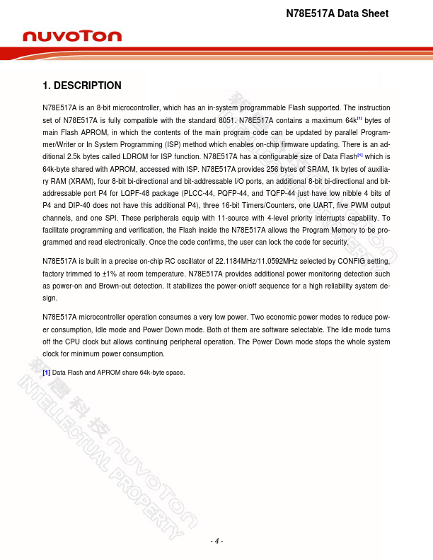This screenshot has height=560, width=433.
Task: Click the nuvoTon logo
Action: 72,36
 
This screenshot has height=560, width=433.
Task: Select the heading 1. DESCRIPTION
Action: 82,86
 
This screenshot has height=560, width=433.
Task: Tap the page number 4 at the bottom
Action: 217,541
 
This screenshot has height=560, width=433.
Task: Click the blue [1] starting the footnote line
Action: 46,372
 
